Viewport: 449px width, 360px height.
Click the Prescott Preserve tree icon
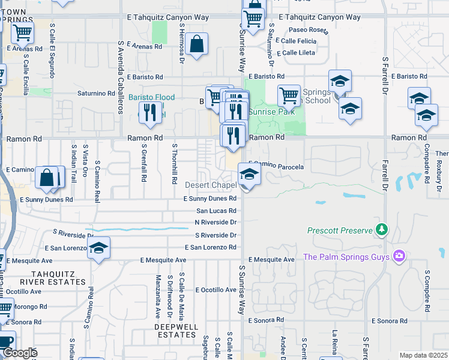click(x=381, y=230)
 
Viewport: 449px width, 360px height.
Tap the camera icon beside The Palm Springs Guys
click(x=399, y=257)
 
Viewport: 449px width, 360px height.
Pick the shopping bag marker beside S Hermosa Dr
click(x=196, y=44)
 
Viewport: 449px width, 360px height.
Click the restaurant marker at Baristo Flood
click(x=150, y=113)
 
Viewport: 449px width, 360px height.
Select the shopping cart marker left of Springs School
click(x=289, y=95)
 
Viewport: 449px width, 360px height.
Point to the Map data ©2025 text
click(x=423, y=355)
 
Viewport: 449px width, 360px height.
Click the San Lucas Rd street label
click(x=217, y=211)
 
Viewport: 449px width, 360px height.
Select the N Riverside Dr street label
click(x=215, y=222)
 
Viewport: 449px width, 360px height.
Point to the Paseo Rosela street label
click(x=308, y=29)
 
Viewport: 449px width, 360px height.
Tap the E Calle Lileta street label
click(x=298, y=53)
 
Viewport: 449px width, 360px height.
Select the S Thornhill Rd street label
click(x=175, y=163)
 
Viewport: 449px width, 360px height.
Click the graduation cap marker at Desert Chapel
click(x=249, y=175)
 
